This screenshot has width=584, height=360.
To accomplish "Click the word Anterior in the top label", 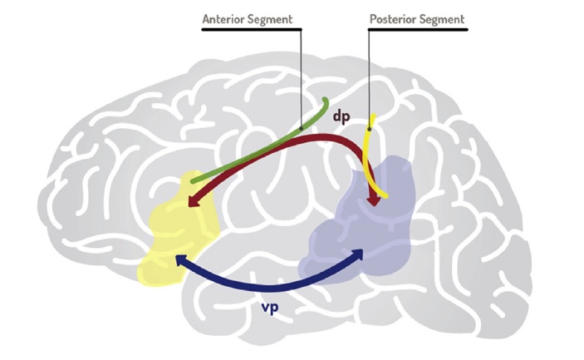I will [226, 17].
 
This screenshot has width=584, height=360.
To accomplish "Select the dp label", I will [341, 116].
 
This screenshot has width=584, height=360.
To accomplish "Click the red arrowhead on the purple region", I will [375, 200].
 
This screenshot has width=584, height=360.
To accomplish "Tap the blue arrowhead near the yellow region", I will [178, 261].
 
